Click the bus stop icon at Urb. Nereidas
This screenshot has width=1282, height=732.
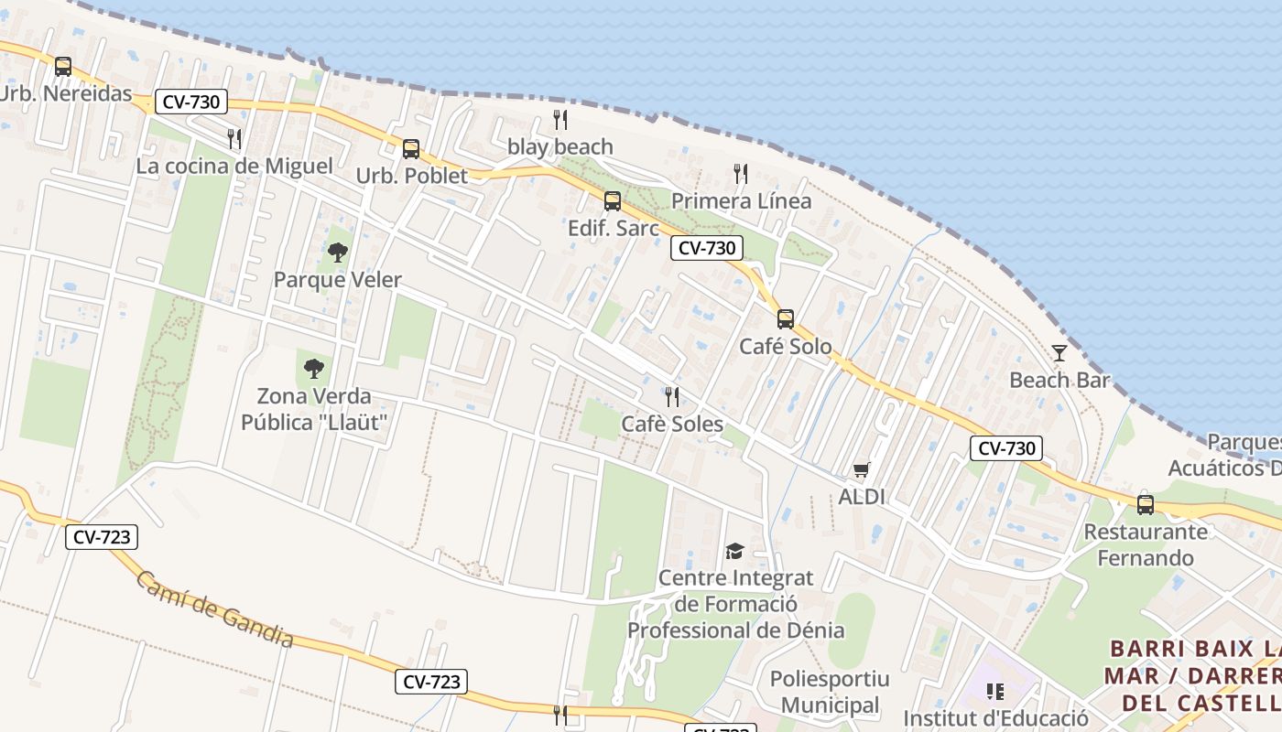point(62,67)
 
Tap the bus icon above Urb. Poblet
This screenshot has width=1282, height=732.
point(411,149)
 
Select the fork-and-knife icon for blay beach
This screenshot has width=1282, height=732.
point(560,120)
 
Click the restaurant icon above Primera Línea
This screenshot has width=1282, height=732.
point(741,174)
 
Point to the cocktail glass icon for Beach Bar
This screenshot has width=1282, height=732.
point(1059,352)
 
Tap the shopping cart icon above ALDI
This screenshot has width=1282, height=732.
point(861,470)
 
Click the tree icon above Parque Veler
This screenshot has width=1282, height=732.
point(338,252)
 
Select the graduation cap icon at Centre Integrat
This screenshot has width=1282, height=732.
point(734,551)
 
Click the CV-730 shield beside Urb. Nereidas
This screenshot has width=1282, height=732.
point(190,102)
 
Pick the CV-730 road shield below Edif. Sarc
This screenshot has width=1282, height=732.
point(706,248)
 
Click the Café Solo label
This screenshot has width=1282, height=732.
point(786,347)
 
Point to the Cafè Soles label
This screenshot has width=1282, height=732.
point(672,424)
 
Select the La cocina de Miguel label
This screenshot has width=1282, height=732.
point(234,166)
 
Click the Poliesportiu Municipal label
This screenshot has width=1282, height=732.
point(830,692)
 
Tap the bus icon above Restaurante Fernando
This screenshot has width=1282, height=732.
point(1145,504)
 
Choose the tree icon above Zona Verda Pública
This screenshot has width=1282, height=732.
point(314,369)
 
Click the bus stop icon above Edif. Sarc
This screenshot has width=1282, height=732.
point(612,201)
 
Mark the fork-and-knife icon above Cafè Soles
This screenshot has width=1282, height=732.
point(672,397)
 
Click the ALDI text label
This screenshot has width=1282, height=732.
point(862,497)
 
